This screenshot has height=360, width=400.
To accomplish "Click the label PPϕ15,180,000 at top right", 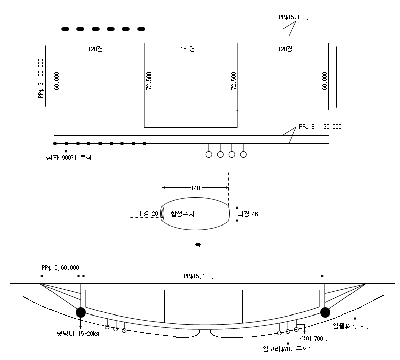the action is pyautogui.click(x=298, y=17).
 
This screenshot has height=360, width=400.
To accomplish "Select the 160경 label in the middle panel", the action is pyautogui.click(x=188, y=49).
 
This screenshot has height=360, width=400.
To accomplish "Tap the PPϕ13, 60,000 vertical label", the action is pyautogui.click(x=41, y=78).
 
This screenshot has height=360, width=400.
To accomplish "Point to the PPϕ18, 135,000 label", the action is pyautogui.click(x=320, y=127).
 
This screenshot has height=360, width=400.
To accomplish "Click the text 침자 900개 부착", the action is pyautogui.click(x=69, y=157).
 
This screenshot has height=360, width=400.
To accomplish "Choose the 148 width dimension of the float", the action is pyautogui.click(x=195, y=188).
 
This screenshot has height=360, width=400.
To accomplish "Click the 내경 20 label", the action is pyautogui.click(x=147, y=214).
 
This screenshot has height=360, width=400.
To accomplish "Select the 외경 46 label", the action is pyautogui.click(x=248, y=214).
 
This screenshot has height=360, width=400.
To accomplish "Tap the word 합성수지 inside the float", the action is pyautogui.click(x=182, y=214).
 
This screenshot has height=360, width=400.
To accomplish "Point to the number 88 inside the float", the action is pyautogui.click(x=208, y=214).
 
